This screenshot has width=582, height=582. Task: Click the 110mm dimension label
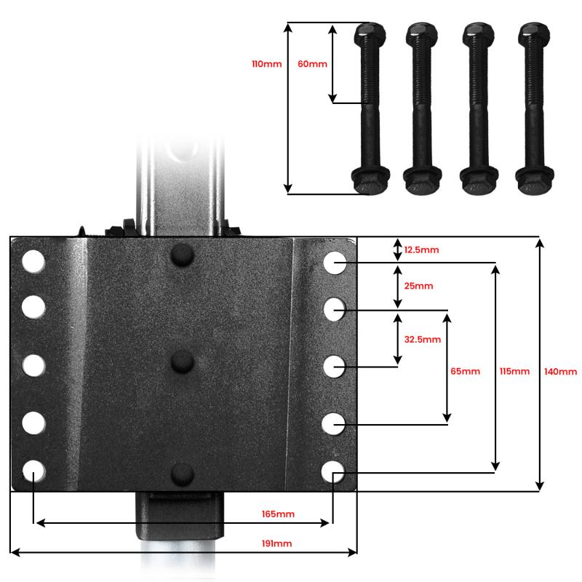[x=266, y=64]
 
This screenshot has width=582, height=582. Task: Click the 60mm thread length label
[x=312, y=64]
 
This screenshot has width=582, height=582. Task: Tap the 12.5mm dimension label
[x=421, y=250]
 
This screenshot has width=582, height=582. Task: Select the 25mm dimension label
[x=418, y=286]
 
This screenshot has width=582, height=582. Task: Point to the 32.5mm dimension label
[x=422, y=339]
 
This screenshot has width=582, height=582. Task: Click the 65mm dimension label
[x=466, y=371]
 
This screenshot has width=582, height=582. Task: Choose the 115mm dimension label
[x=515, y=371]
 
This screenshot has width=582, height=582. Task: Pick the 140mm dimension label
[x=560, y=371]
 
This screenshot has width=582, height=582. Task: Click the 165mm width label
[x=278, y=514]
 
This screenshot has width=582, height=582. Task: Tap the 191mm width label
[x=276, y=543]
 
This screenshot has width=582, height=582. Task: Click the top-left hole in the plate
[x=33, y=262]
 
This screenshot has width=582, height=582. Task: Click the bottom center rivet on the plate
[x=182, y=474]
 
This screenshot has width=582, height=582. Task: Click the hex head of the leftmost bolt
[x=370, y=33]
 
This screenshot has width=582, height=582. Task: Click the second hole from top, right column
[x=335, y=308]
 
